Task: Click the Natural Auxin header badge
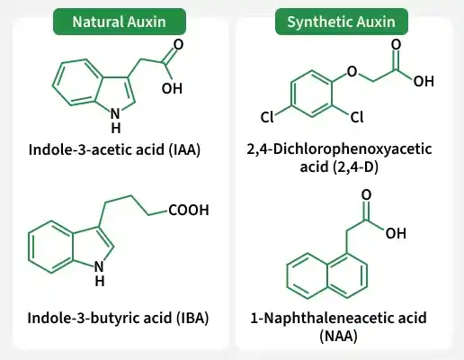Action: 120,22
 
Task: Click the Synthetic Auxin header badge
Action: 342,22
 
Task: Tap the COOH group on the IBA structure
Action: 189,210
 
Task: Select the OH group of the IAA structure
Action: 172,88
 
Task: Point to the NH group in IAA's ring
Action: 116,121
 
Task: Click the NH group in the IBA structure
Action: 100,274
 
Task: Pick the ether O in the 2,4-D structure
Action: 352,72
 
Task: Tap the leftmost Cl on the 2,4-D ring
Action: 267,117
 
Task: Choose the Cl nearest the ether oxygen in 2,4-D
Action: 357,117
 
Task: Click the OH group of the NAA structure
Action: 396,233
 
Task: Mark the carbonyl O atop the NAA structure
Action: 366,195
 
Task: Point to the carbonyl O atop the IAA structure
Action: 178,45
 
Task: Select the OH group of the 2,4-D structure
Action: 424,81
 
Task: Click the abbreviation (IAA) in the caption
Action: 184,149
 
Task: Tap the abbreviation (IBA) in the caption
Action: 192,318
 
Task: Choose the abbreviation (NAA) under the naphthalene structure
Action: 338,336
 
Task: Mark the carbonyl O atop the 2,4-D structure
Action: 396,45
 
